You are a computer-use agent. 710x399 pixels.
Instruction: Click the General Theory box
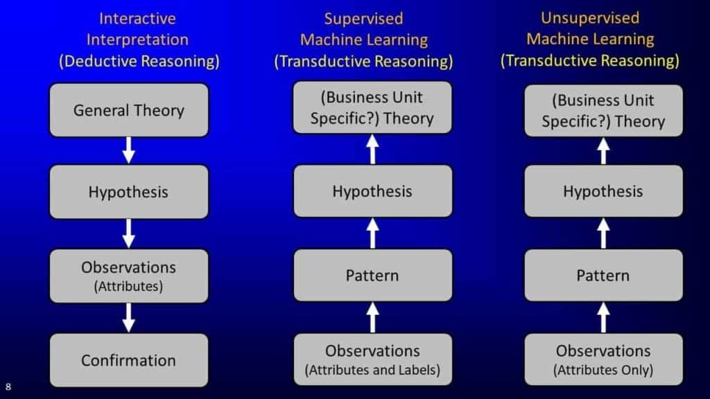coord(129,110)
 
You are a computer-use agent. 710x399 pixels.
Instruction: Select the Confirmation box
coord(129,360)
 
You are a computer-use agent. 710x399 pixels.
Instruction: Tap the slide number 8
coord(8,387)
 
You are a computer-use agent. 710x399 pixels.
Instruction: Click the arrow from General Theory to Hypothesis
coord(128,150)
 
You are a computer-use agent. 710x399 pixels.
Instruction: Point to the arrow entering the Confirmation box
coord(128,317)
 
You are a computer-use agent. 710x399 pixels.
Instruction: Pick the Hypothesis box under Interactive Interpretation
coord(129,192)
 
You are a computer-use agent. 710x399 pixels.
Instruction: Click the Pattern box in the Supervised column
coord(372,275)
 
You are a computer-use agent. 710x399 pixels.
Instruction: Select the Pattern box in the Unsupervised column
coord(604,275)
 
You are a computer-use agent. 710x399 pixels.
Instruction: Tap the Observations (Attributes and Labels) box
coord(372,360)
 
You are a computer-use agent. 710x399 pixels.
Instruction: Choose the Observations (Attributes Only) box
coord(604,360)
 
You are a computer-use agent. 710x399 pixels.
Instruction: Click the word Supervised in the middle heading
coord(363,19)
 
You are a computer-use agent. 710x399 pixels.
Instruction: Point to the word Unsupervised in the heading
coord(590,17)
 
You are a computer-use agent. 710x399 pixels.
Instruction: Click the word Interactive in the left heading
coord(137,19)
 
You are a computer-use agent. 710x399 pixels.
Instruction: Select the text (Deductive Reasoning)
coord(139,61)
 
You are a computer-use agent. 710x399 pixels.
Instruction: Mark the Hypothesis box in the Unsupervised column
coord(604,191)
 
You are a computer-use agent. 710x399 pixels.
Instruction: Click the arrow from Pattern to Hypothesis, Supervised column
coord(372,233)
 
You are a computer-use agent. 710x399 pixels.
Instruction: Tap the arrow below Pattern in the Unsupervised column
coord(603,317)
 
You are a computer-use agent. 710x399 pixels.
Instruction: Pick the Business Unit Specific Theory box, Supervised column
coord(372,107)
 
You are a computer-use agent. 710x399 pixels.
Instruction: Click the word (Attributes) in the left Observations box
coord(128,286)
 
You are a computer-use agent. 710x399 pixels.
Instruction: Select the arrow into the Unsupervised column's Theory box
coord(603,150)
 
